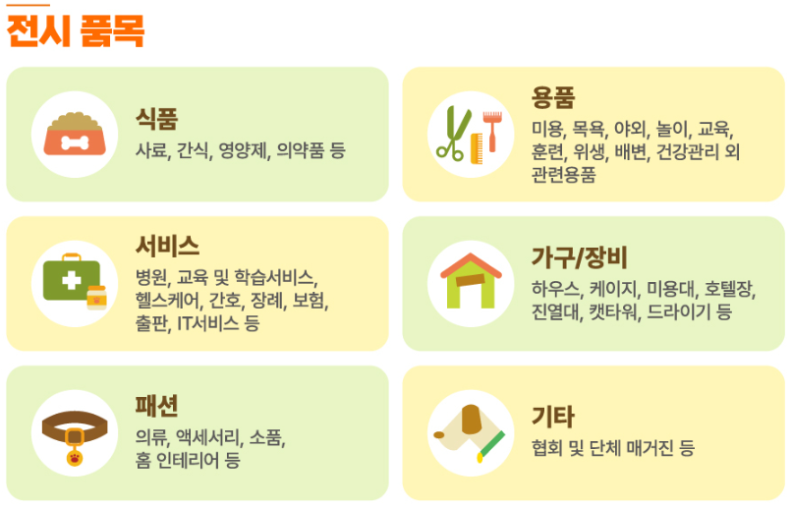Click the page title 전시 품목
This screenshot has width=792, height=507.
[x=76, y=31]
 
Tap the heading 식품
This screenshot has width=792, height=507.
[x=156, y=119]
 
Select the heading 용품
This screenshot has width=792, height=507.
[x=553, y=97]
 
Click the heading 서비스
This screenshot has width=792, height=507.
[x=168, y=245]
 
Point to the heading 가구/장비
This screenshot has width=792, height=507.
[x=579, y=257]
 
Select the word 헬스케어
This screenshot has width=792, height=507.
[x=168, y=300]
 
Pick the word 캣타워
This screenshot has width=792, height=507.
[x=614, y=312]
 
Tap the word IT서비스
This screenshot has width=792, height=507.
[x=209, y=322]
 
